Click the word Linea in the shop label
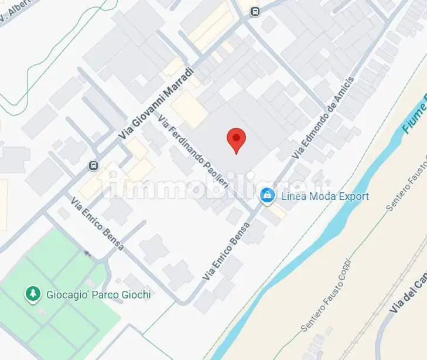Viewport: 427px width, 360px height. pos(293,196)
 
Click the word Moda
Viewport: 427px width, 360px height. pos(321,196)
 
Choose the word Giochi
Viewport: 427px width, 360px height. pos(134,294)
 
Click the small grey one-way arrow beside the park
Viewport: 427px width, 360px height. pos(88,254)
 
